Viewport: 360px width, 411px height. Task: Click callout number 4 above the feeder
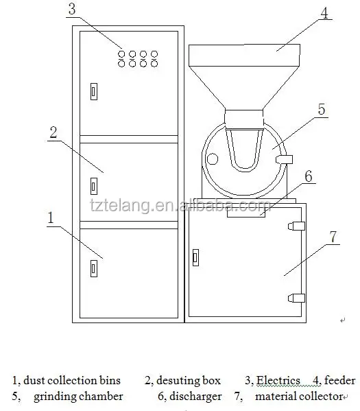[324, 13]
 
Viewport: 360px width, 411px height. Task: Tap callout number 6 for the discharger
[309, 176]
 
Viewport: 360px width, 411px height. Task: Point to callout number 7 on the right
[333, 237]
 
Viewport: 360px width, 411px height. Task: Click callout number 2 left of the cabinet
[52, 132]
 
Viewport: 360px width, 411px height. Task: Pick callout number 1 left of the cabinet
[50, 218]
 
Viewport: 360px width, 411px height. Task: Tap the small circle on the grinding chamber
[212, 160]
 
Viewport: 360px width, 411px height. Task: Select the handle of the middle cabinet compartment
[94, 185]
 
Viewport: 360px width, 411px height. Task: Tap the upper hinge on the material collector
[296, 226]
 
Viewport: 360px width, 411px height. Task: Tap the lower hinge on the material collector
[296, 297]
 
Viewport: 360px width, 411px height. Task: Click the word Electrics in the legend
[278, 380]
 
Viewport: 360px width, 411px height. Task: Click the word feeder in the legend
[340, 380]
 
